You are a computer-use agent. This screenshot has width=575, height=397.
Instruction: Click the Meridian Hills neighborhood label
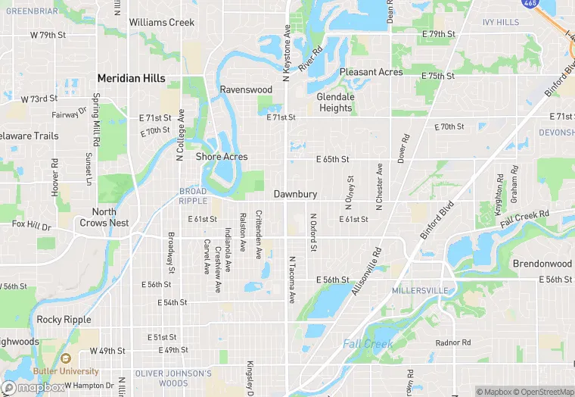(131, 78)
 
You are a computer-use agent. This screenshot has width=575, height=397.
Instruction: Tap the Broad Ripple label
(193, 195)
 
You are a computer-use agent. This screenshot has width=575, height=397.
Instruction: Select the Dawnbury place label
(295, 195)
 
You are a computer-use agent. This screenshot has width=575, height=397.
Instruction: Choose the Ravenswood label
(246, 89)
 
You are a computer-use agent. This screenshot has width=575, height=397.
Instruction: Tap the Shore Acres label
(222, 157)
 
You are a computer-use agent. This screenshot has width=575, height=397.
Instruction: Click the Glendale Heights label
(335, 102)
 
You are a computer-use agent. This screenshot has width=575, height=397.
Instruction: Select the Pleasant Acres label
(371, 72)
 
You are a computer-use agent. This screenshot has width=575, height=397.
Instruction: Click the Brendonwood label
(542, 264)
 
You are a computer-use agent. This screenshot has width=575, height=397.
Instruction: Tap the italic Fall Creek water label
(368, 344)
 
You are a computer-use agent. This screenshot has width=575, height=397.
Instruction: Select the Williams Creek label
(161, 23)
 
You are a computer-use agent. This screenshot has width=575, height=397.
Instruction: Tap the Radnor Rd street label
(453, 342)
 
